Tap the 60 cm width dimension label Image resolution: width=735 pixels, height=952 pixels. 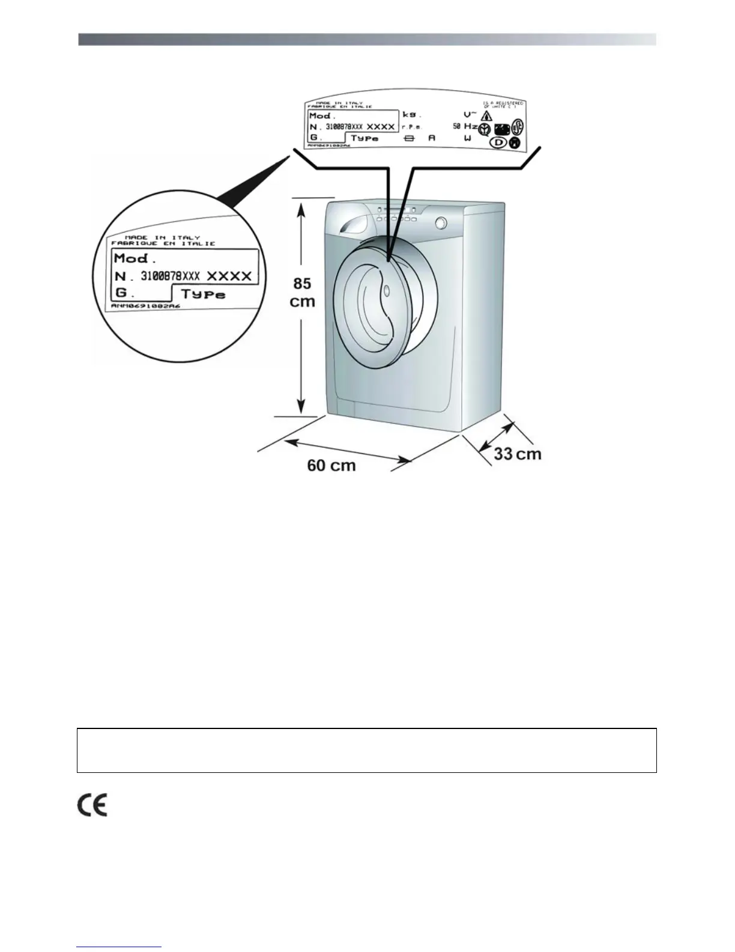point(331,465)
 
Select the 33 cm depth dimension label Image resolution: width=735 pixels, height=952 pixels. point(518,454)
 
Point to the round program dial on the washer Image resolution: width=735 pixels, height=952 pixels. point(441,222)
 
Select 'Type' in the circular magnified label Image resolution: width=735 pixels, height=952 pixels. point(204,294)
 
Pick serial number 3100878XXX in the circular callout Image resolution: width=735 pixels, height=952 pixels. point(170,276)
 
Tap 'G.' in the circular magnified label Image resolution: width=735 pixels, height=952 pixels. point(123,294)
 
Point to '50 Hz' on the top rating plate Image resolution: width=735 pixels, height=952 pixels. point(465,126)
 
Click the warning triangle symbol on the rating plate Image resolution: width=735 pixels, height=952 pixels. point(487,116)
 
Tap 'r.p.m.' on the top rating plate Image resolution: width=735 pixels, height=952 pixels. point(412,127)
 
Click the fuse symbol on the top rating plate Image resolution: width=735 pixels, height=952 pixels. point(410,138)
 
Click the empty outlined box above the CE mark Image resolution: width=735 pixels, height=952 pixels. point(366,750)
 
